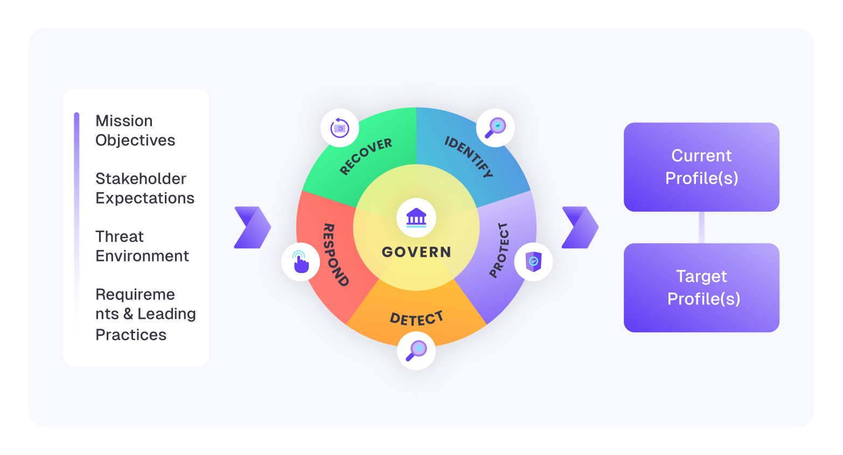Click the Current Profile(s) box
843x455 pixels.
tap(701, 167)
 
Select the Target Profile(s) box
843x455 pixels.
tap(701, 288)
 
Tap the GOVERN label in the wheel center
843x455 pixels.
tap(416, 252)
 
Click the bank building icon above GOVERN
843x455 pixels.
tap(416, 218)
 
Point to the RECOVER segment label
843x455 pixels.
tap(366, 156)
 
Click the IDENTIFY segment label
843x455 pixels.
tap(469, 157)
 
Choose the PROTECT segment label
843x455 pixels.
tap(499, 250)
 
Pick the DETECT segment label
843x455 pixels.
tap(416, 319)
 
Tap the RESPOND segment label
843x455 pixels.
tap(335, 255)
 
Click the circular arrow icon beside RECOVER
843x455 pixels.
tap(340, 128)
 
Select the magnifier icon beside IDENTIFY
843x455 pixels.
tap(496, 128)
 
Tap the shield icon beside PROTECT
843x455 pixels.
tap(533, 262)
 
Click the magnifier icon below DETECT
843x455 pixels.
tap(416, 351)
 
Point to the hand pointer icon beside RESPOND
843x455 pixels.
tap(301, 262)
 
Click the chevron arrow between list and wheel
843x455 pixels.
tap(253, 227)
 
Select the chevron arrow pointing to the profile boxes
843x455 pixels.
tap(580, 227)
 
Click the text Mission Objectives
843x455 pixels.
tap(135, 130)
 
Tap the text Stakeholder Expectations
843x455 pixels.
tap(145, 188)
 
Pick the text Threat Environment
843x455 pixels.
tap(142, 246)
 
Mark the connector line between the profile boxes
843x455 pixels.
tap(701, 227)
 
